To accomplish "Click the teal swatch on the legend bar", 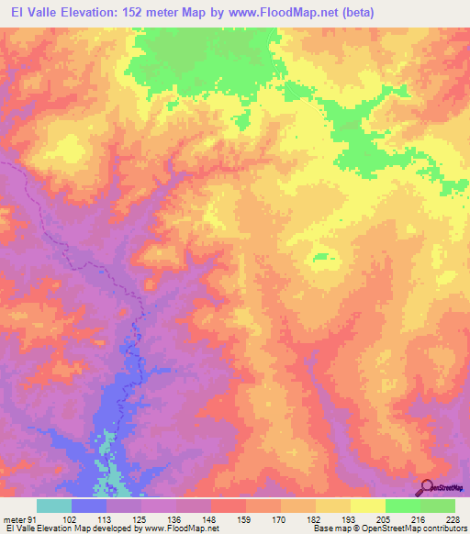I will tap(54, 506).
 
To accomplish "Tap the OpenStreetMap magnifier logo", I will tap(426, 486).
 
